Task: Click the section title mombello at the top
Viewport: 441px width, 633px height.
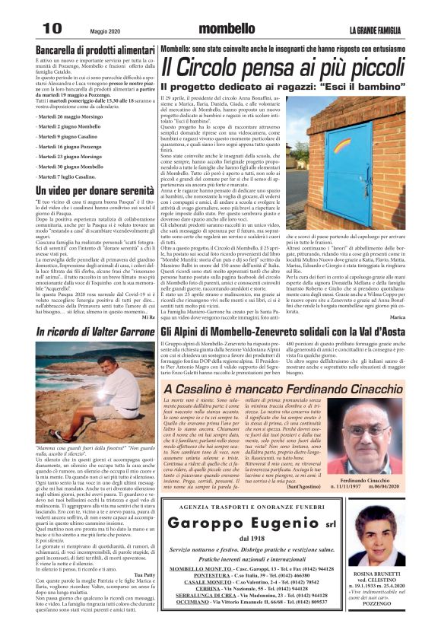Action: coord(223,29)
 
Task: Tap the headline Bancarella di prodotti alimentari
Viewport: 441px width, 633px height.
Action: coord(81,49)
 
